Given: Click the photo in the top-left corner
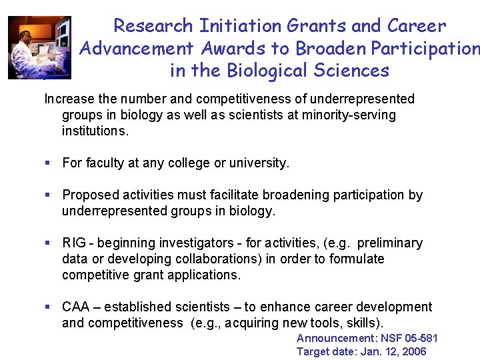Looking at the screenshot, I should click(39, 47).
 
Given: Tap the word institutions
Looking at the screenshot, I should click(95, 131).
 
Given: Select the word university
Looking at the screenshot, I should click(261, 163).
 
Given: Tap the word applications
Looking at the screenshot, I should click(204, 275).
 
